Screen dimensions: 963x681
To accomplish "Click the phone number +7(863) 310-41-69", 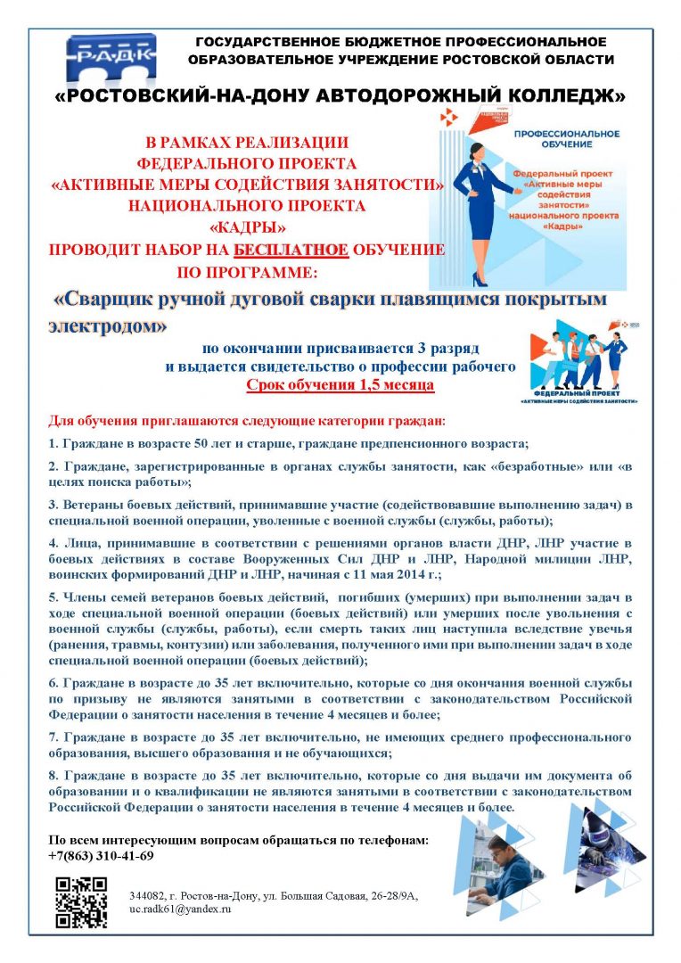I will [x=102, y=856].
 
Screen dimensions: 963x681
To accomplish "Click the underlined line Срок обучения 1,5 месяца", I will [x=340, y=386].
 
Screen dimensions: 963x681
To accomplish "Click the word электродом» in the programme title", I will [x=108, y=326].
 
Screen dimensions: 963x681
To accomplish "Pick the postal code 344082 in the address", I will [x=146, y=894].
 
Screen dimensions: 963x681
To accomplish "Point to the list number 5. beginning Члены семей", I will [x=53, y=597].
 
